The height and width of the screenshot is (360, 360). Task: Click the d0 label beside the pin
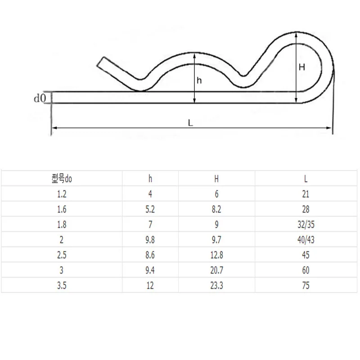point(40,98)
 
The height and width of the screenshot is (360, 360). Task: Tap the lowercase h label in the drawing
point(199,81)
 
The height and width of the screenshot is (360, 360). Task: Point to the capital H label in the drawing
point(302,67)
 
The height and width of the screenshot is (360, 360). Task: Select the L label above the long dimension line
point(190,123)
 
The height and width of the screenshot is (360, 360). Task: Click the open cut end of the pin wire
point(100,62)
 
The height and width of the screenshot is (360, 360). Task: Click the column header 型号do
point(62,179)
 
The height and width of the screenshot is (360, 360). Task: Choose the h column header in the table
point(150,179)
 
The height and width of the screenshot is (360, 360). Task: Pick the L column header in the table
point(306,179)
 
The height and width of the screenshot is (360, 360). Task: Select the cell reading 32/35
point(306,224)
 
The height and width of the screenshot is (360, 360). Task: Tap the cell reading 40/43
point(306,240)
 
